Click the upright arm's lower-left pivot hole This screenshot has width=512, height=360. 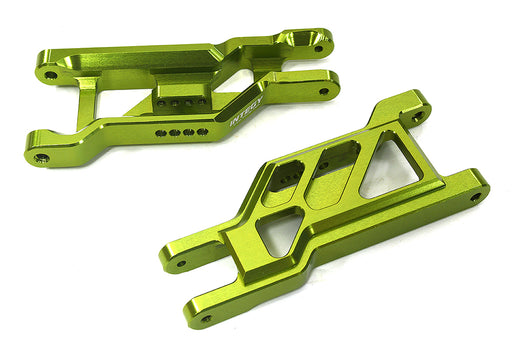(41, 157)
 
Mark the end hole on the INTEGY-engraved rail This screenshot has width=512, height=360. (324, 92)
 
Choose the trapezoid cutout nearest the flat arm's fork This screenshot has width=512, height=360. (279, 235)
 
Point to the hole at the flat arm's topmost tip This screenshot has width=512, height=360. (416, 114)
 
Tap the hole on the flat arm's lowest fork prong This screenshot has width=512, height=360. (206, 319)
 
